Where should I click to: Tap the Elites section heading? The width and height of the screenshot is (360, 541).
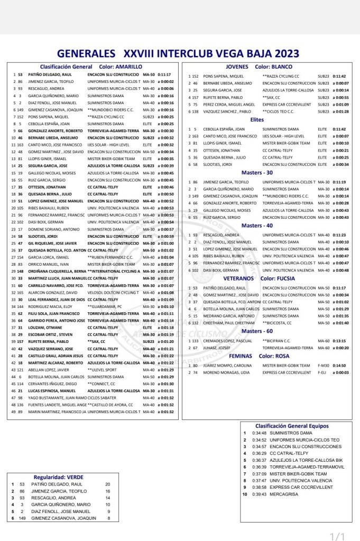[x=257, y=120]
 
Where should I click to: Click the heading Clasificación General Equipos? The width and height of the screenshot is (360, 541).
[x=291, y=425]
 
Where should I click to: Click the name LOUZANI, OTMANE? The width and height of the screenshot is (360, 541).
[x=44, y=328]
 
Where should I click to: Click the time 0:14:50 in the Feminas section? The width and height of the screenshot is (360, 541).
[x=339, y=365]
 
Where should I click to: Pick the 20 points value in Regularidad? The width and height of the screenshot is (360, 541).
[x=108, y=484]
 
